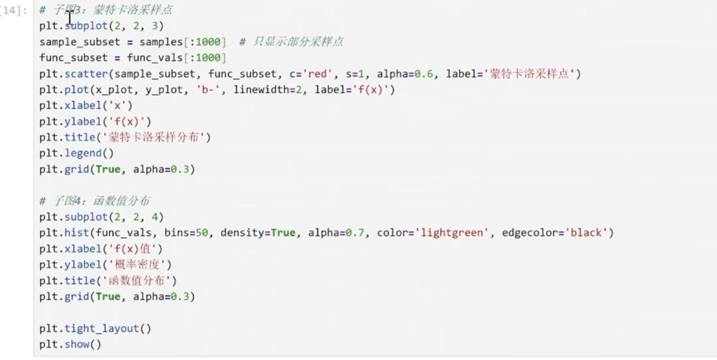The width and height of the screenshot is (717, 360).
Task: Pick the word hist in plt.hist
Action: tap(77, 233)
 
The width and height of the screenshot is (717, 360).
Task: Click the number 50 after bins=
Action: tap(202, 233)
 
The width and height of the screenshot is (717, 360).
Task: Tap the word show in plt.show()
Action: tap(77, 344)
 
